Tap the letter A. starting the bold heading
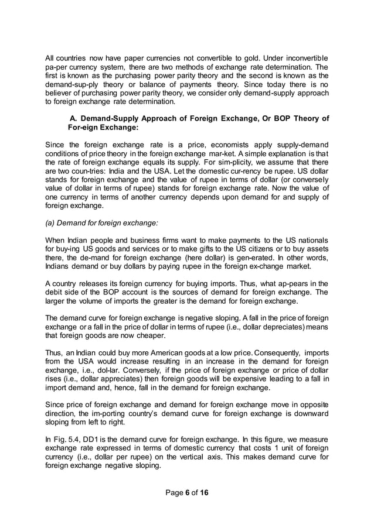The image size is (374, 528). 74,118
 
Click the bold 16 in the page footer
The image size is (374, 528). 203,492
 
